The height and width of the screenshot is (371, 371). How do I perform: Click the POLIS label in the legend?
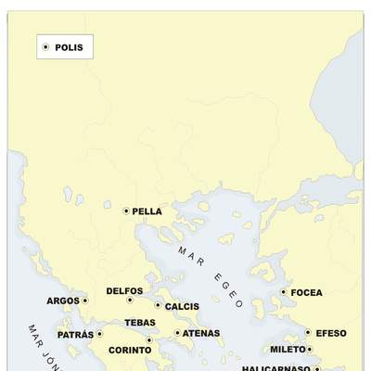click(x=69, y=46)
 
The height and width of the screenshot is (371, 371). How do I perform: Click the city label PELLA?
click(x=147, y=211)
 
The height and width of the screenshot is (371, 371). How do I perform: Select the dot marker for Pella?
click(x=126, y=211)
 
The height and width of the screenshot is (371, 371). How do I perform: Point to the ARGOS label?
click(x=63, y=301)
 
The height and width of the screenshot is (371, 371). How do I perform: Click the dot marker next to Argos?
click(x=84, y=301)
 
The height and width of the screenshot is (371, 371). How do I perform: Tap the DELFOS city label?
click(x=124, y=290)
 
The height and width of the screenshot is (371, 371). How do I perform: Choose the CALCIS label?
click(x=182, y=306)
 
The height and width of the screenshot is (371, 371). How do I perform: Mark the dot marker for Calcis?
click(x=158, y=304)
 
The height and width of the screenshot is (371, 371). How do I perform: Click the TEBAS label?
click(x=140, y=323)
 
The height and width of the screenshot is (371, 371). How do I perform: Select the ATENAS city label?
click(x=201, y=333)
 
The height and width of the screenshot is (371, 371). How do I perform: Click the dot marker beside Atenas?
click(x=177, y=332)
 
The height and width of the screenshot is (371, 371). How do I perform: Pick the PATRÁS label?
click(x=75, y=334)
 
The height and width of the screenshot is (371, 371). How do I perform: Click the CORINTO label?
click(x=130, y=351)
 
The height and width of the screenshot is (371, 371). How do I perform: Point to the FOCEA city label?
click(x=306, y=293)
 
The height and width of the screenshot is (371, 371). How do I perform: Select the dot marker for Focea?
click(x=284, y=292)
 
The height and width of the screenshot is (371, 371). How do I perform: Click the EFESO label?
click(x=331, y=333)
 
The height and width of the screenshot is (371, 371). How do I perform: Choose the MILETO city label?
click(x=288, y=350)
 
